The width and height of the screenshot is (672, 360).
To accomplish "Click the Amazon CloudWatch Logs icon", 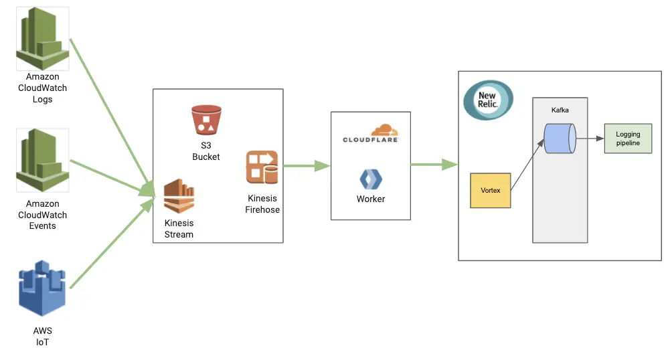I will click(43, 39).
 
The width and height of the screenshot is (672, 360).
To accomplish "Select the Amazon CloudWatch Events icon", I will click(43, 161).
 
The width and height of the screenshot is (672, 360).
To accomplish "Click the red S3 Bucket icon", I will click(205, 120).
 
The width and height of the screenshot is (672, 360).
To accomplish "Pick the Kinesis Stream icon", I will click(179, 196).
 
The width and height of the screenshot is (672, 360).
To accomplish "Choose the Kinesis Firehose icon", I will click(262, 167).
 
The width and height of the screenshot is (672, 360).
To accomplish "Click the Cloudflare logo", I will click(371, 133).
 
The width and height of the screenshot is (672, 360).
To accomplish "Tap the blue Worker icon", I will click(371, 179).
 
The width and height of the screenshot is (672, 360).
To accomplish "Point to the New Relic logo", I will click(488, 100).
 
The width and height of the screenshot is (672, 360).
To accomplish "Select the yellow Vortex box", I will click(490, 191).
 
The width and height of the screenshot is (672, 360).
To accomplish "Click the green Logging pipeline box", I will click(627, 139).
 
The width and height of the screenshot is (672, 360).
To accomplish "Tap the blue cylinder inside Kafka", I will click(560, 139).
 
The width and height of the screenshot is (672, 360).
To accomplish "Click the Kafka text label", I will click(560, 109).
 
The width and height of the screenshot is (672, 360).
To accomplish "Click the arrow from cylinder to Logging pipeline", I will click(590, 139).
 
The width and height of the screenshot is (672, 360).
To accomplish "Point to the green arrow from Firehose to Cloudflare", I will click(307, 166).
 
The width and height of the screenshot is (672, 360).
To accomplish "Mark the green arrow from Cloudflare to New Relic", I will click(434, 165).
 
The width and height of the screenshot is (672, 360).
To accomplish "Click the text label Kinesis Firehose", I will click(262, 204).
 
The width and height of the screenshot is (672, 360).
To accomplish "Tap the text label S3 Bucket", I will click(205, 151).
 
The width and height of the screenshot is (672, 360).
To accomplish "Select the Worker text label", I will click(371, 199).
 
